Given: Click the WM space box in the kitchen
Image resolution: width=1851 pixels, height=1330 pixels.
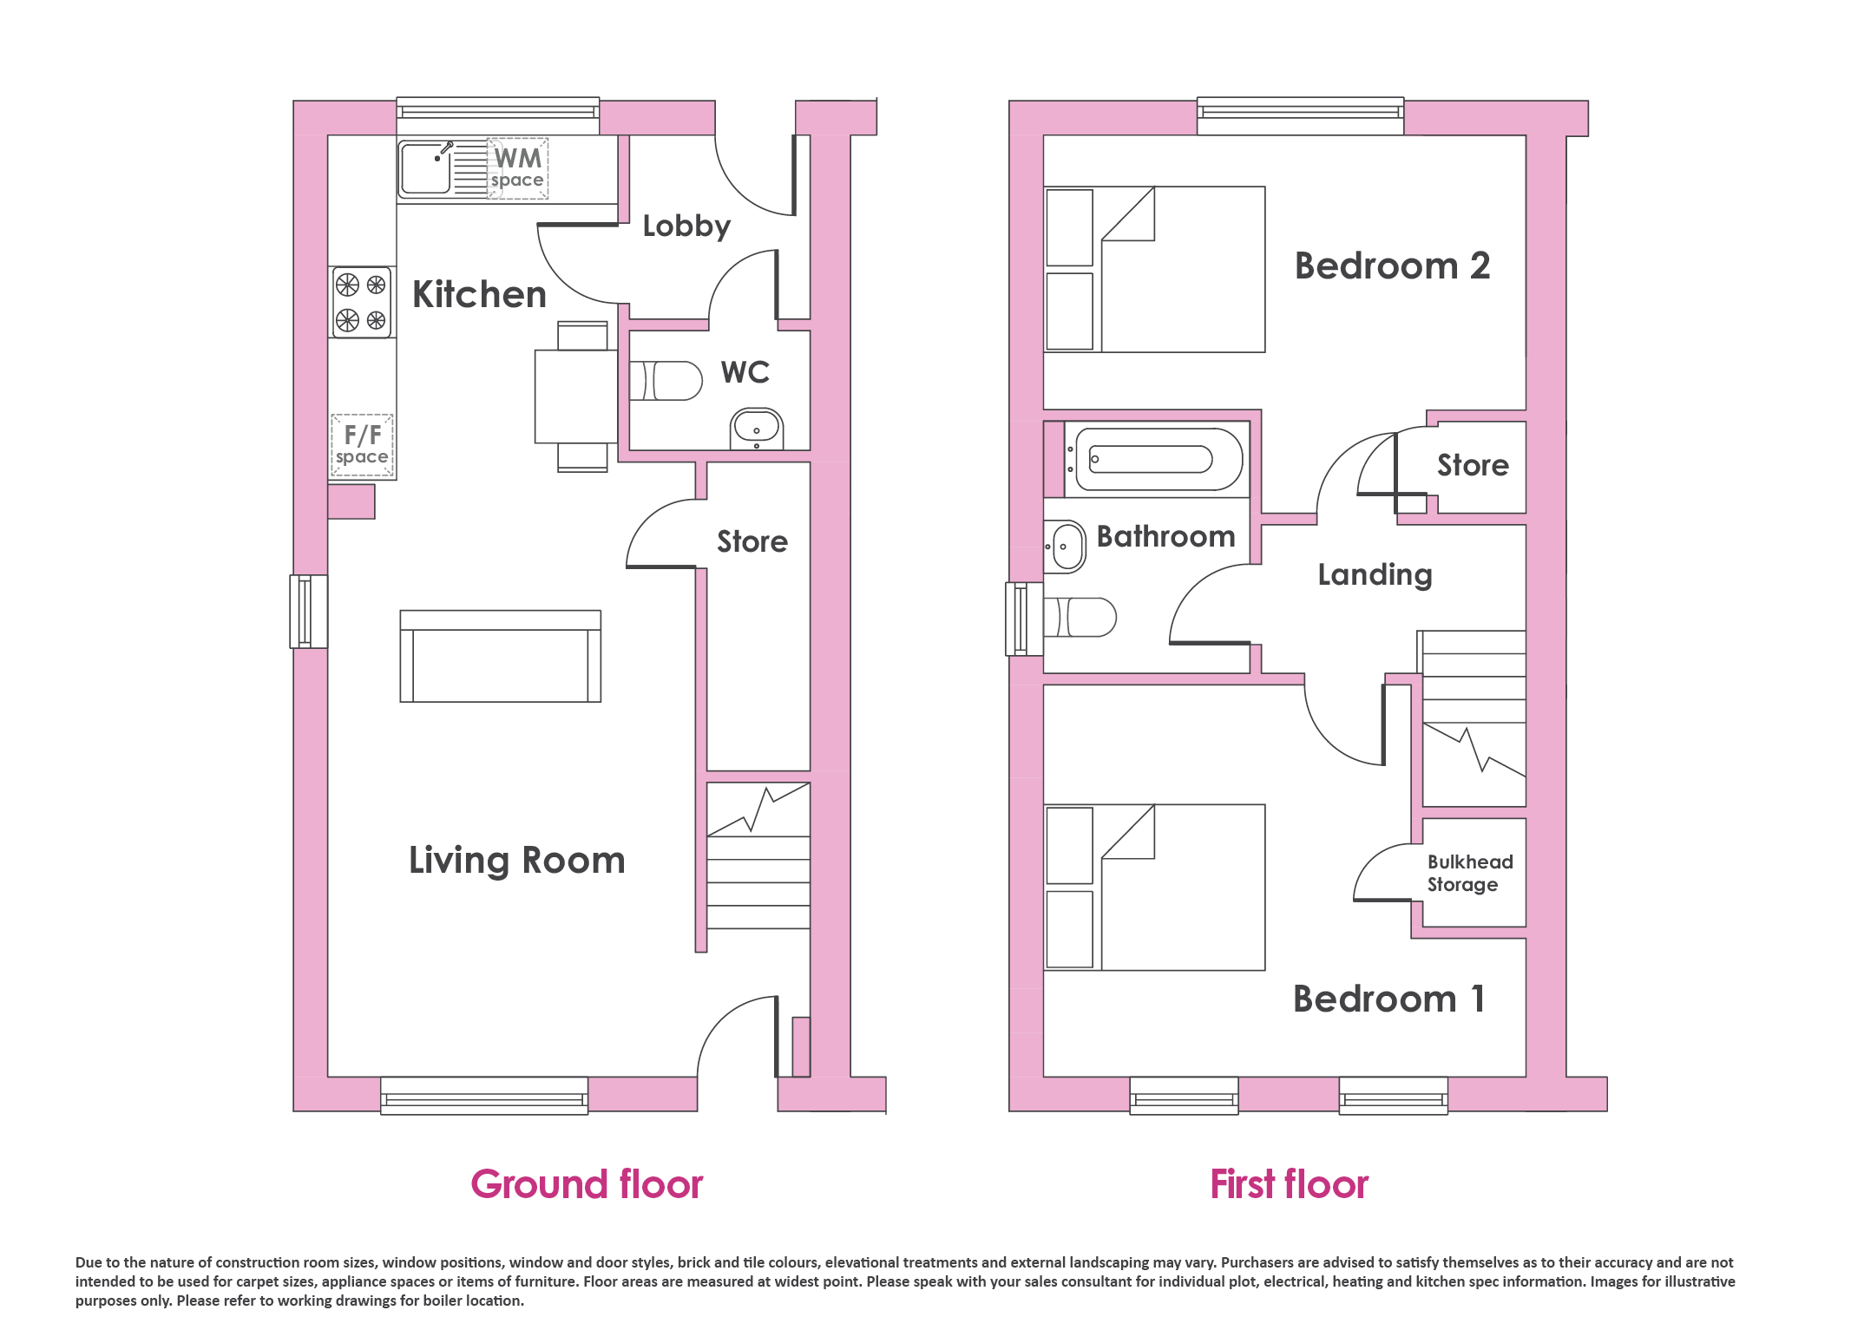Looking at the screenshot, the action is (x=517, y=168).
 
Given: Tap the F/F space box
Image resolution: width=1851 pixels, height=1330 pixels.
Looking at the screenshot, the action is (x=362, y=445).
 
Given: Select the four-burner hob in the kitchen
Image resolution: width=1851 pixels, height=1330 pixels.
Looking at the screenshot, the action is (x=362, y=302).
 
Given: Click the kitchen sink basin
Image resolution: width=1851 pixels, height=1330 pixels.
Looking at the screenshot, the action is (x=425, y=168).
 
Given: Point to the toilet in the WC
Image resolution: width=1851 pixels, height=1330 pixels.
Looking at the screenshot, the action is (x=666, y=381).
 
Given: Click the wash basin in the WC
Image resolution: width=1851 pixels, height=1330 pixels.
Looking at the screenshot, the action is (x=757, y=429).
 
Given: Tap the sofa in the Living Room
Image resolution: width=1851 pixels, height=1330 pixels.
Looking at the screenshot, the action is (x=501, y=656).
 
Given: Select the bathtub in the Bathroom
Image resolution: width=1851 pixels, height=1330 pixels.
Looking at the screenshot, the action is (x=1153, y=459).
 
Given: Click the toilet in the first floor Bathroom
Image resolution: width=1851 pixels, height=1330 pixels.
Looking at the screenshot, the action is (x=1080, y=618).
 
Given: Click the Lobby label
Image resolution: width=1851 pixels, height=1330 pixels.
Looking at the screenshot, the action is (x=686, y=226).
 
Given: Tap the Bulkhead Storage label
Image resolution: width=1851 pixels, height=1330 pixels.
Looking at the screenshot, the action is (x=1470, y=873).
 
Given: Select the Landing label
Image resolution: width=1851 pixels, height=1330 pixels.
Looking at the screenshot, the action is (x=1375, y=575).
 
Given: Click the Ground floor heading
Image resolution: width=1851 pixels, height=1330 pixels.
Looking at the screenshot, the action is (x=587, y=1184).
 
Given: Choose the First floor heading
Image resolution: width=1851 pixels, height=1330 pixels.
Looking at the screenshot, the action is (x=1290, y=1184).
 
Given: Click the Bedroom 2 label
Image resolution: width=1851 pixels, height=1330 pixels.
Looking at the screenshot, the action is (x=1392, y=265).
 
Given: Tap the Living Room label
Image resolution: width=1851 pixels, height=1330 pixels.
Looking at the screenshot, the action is (x=517, y=861).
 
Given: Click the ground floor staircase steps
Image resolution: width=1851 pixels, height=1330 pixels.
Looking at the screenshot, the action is (x=758, y=855).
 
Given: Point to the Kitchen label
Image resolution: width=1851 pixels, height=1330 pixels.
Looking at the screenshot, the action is (x=479, y=295).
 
